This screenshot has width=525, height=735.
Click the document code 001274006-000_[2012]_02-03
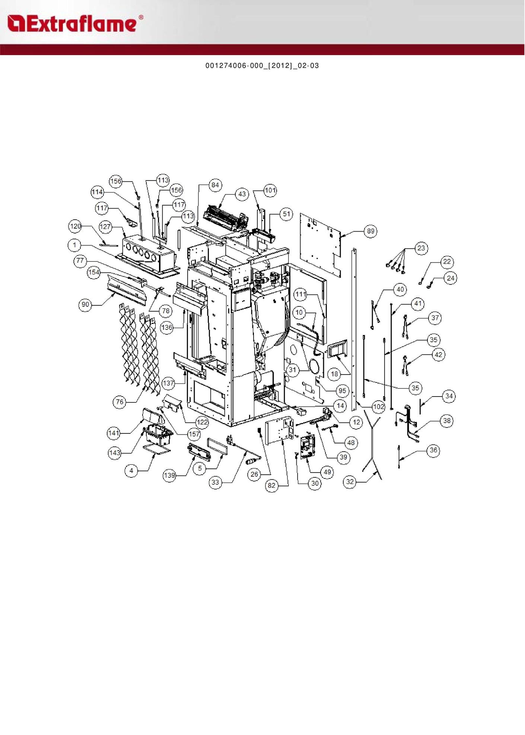point(262,66)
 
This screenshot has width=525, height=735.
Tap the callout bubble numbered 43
point(242,194)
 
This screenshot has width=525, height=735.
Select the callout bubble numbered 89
point(370,231)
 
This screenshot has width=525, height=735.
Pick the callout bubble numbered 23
point(421,248)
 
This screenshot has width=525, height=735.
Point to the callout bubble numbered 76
point(120,402)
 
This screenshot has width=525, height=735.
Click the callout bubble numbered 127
point(105,227)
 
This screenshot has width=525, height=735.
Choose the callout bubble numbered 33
point(215,483)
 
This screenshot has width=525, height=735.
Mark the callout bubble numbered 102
point(378,407)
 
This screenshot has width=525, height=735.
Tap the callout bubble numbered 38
point(447,421)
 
